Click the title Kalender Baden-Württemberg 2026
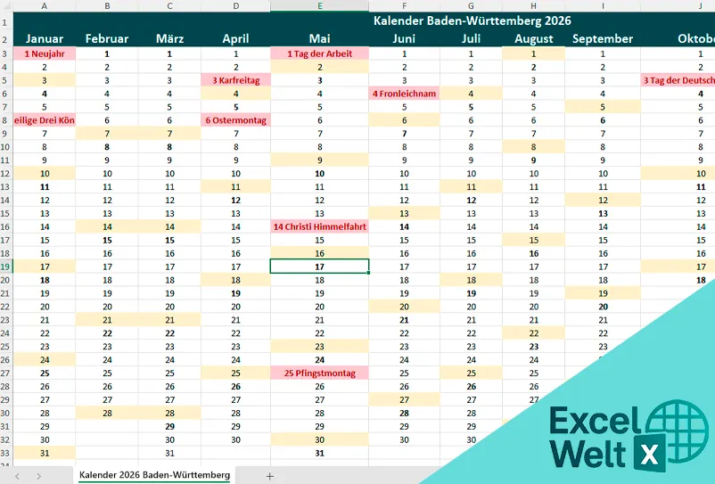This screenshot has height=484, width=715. pos(472,20)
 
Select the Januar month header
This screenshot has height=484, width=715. pos(45,38)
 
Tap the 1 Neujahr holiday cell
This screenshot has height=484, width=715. pos(45,53)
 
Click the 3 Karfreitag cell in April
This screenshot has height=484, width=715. pos(235,80)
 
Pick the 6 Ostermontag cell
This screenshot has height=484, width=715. pos(235,120)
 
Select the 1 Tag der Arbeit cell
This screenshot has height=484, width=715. pos(319,53)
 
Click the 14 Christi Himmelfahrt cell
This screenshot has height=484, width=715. pos(319,226)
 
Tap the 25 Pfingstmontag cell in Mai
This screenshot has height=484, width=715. pos(319,373)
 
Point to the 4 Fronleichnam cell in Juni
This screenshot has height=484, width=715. pos(404,94)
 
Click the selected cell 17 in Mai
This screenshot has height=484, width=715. pos(319,267)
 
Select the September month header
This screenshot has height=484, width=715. pos(603,38)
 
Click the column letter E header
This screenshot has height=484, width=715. pos(319,6)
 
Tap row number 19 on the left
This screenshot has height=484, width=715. pos(6,267)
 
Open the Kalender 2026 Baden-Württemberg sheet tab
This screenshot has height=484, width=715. pos(154,475)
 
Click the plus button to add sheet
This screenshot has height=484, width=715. pos(269,476)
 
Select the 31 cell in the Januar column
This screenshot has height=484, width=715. pos(45,453)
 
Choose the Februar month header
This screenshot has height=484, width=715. pos(107,38)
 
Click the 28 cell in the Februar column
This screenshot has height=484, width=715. pos(107,413)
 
